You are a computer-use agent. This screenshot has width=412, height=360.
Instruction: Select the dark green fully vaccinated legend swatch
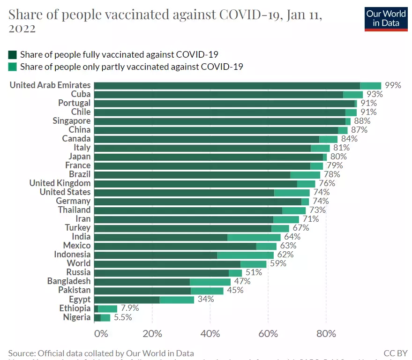pos(13,54)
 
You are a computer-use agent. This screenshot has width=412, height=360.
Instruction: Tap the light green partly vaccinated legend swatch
pos(13,67)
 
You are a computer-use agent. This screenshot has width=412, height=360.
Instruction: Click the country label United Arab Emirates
pos(50,85)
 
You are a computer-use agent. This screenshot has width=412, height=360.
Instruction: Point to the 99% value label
pos(393,85)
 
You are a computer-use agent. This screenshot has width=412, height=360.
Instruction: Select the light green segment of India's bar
pos(254,237)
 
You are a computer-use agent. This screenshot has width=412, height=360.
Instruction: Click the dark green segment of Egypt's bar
pos(127,300)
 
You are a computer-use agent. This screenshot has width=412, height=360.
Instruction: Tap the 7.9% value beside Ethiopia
pos(129,308)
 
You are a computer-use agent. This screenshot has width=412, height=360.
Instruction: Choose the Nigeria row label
pos(76,317)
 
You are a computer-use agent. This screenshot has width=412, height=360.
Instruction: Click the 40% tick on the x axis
pos(210,334)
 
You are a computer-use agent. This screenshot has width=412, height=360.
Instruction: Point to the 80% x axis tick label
pos(326,334)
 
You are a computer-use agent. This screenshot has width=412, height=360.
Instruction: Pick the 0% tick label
pos(101,334)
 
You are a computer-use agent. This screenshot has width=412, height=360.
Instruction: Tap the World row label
pos(79,263)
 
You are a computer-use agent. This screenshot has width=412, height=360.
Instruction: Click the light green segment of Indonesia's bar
pos(245,255)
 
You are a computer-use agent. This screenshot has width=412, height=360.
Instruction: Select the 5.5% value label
pos(123,317)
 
